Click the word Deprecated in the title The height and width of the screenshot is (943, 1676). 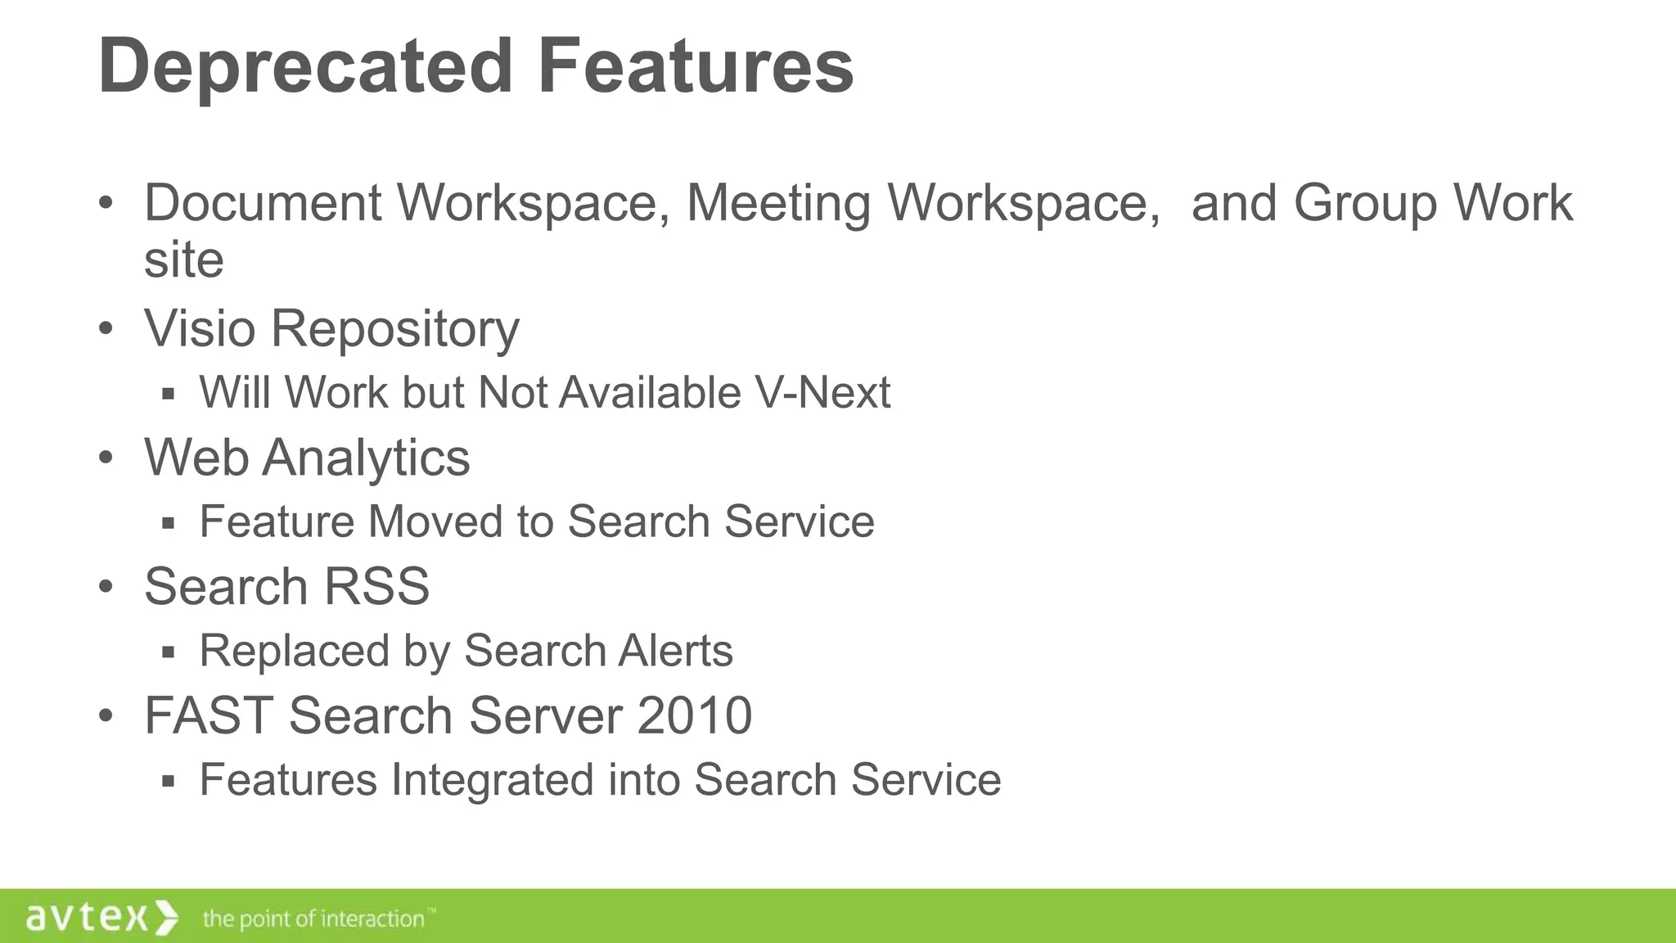(305, 67)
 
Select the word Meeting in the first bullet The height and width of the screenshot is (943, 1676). (778, 202)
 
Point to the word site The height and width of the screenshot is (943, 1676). (184, 259)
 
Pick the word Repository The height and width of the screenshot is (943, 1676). (395, 330)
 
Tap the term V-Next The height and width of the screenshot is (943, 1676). (822, 392)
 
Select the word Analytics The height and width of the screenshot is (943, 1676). (366, 458)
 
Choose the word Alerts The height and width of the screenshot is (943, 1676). (675, 651)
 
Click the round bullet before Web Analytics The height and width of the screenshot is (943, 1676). (106, 458)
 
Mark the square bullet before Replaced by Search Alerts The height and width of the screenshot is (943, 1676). (169, 652)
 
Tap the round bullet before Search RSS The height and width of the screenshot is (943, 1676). (106, 587)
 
